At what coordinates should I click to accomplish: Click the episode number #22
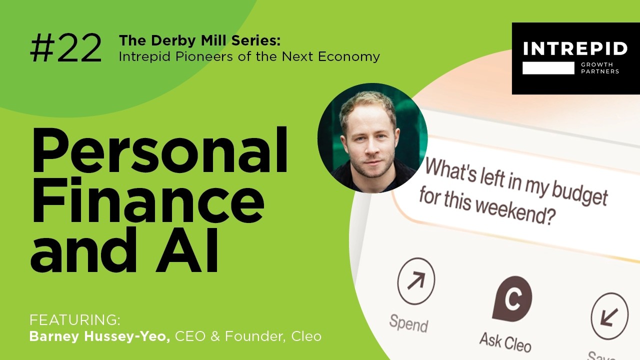coord(66,49)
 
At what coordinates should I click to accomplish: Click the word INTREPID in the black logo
coord(575,49)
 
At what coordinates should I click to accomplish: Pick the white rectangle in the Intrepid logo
coord(548,68)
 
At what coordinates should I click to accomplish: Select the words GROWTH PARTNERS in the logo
coord(600,68)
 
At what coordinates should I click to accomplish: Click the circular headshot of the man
coord(372,138)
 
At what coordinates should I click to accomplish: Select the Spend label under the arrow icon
coord(408,323)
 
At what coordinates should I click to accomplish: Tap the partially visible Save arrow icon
coord(609,316)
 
